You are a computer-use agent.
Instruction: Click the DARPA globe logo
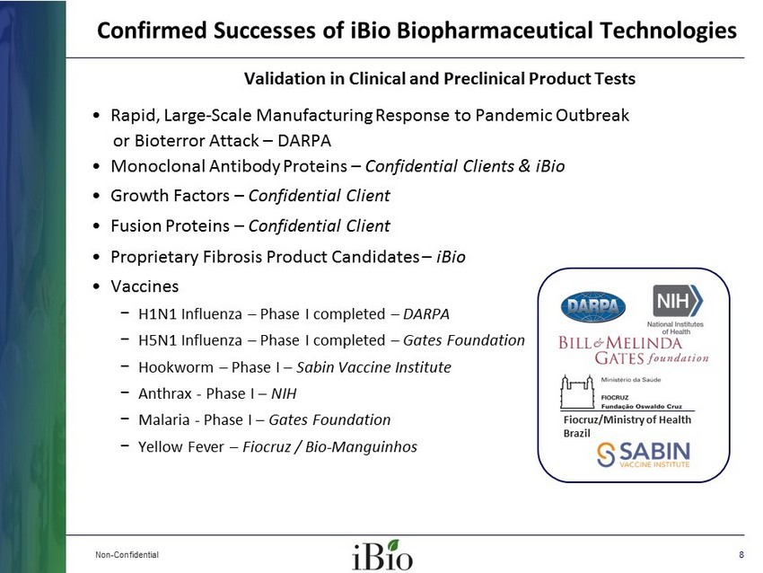click(x=592, y=306)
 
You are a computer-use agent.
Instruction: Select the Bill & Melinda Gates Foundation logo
click(x=634, y=350)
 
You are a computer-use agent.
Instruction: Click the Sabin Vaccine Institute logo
click(x=644, y=454)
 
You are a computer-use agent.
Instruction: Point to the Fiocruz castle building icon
click(x=577, y=392)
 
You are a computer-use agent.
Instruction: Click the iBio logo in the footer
click(x=382, y=554)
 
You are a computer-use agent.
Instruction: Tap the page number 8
click(x=741, y=554)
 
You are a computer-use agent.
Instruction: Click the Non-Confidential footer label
click(x=127, y=554)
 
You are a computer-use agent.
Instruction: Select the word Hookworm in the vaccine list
click(x=176, y=367)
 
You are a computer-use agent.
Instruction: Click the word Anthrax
click(x=165, y=393)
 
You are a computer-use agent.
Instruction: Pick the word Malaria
click(x=164, y=419)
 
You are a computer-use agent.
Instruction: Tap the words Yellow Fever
click(x=181, y=446)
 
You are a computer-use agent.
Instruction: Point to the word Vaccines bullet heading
click(x=145, y=286)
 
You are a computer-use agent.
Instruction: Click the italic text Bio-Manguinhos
click(x=361, y=447)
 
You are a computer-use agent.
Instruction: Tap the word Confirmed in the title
click(x=153, y=31)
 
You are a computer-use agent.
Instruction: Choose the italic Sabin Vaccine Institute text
click(x=373, y=367)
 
